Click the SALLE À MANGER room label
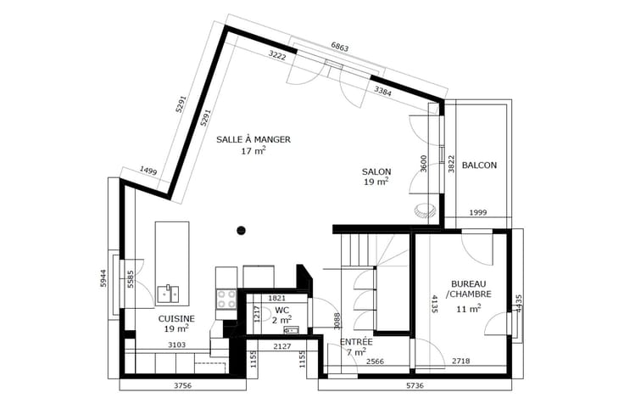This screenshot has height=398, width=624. click(253, 139)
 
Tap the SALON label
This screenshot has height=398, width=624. click(376, 171)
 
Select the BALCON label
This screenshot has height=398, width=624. click(479, 165)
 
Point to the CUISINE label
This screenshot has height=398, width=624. click(176, 319)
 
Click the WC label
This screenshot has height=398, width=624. click(281, 310)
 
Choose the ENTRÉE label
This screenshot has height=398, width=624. click(356, 342)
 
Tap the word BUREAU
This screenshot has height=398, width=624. click(468, 284)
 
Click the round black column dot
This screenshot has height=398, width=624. click(241, 230)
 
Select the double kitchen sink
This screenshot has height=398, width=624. click(168, 294)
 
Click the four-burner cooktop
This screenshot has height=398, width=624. click(226, 299)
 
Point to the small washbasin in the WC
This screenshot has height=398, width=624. click(291, 329)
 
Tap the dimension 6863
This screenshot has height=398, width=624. click(340, 47)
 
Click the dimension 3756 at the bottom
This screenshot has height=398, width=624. click(182, 385)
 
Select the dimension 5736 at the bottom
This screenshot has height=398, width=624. click(415, 385)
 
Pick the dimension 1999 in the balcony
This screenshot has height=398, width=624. click(477, 213)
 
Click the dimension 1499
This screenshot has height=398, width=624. click(148, 171)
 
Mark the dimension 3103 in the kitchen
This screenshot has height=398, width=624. click(176, 345)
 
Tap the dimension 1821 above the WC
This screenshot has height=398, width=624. click(276, 298)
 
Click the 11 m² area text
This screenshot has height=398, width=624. click(468, 308)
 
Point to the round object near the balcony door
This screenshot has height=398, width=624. click(425, 210)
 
